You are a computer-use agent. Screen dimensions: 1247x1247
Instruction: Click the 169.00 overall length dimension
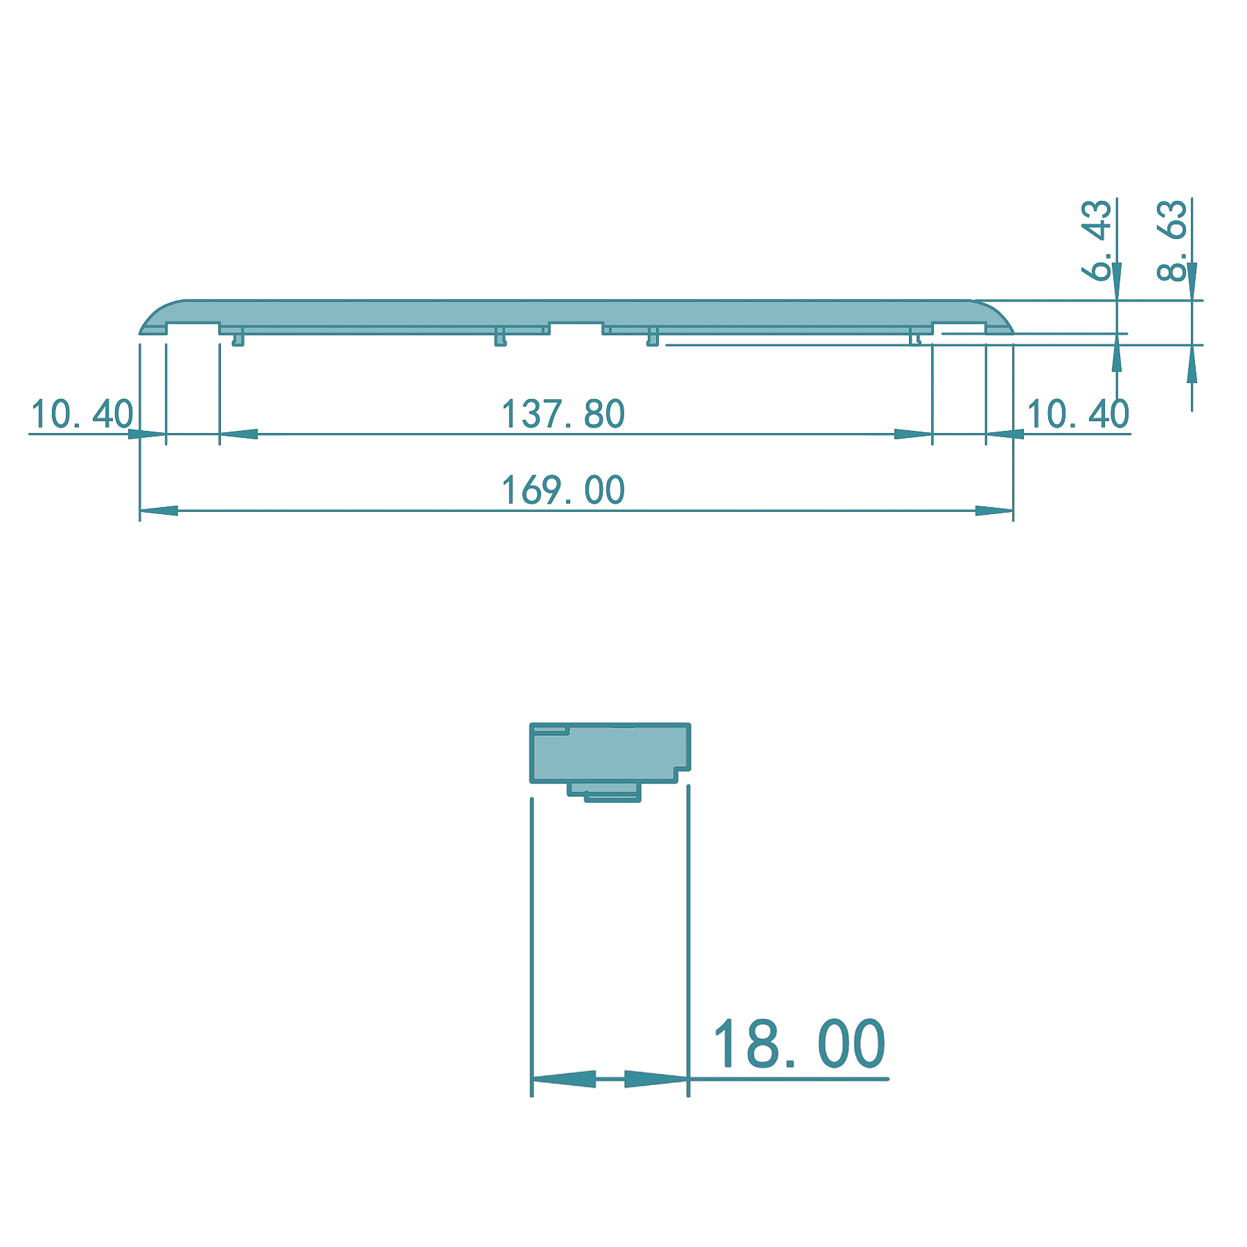[x=563, y=490]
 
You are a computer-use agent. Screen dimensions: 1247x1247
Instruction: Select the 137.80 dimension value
[x=563, y=414]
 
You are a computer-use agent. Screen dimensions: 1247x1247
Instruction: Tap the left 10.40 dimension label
[x=82, y=414]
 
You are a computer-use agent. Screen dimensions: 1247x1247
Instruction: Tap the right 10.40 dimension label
[x=1077, y=414]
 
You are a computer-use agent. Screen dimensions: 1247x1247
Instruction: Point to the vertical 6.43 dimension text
[x=1097, y=239]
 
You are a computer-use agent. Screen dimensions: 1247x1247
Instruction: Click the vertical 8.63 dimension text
[x=1172, y=239]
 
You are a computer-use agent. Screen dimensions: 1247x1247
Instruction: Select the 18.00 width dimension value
[x=798, y=1044]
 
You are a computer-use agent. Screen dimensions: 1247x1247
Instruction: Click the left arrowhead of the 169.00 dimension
[x=159, y=511]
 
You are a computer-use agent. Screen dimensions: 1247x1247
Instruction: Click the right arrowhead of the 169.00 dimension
[x=995, y=511]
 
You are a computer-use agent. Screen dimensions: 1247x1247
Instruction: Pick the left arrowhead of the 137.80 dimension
[x=238, y=434]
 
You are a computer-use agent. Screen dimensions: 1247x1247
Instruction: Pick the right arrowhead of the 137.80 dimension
[x=913, y=434]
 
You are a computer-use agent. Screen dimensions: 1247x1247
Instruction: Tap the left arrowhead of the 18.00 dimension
[x=563, y=1079]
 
